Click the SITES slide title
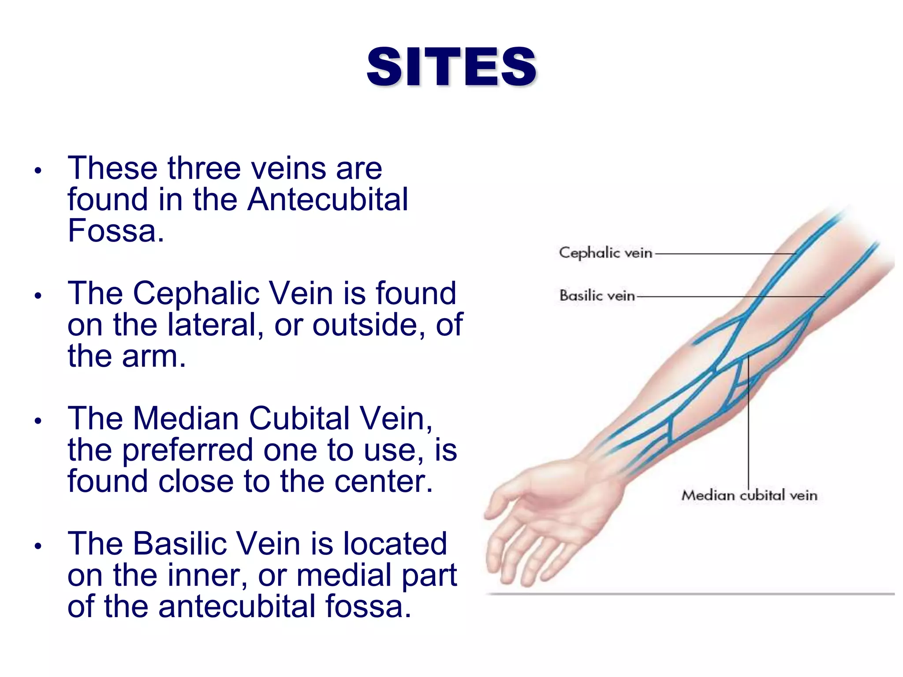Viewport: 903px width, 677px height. pos(451,67)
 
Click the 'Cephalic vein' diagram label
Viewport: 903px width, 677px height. pos(605,253)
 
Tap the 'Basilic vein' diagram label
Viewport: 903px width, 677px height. pos(597,295)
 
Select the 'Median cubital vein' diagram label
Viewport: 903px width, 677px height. pos(749,495)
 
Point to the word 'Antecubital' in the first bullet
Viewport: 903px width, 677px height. pos(328,199)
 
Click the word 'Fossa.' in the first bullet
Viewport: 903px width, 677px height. pos(116,231)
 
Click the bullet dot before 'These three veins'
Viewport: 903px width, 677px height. pos(38,170)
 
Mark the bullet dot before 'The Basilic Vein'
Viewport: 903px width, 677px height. pos(38,546)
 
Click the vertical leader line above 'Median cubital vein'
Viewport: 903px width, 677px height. pos(748,423)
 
